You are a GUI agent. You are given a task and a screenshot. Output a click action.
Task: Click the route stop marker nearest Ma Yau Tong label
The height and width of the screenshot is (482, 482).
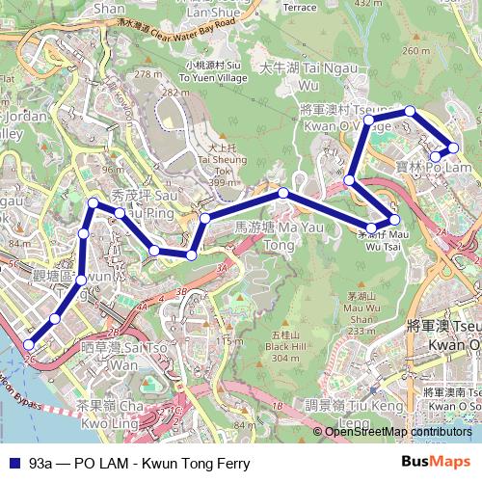point(283,194)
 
